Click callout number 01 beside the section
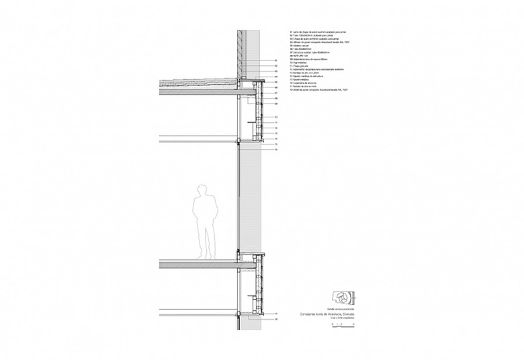[276, 60]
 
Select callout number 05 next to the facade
[276, 82]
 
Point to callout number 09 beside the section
[276, 104]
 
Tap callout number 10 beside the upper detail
[276, 117]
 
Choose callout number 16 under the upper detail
[276, 150]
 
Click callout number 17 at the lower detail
[276, 314]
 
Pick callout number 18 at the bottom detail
[276, 320]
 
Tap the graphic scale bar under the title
[343, 324]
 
